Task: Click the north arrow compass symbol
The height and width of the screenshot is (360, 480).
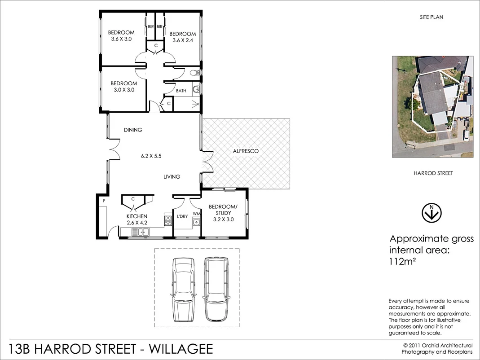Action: (432, 213)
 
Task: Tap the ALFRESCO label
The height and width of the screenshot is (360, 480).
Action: (245, 151)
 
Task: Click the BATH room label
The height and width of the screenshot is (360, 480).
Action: (181, 91)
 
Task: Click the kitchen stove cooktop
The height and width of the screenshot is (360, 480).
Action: (168, 220)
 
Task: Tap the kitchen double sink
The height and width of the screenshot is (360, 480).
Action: (142, 232)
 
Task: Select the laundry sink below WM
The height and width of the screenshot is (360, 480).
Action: (196, 222)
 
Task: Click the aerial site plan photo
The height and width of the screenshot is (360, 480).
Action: (432, 106)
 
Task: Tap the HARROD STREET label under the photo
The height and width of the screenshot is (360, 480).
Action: (433, 173)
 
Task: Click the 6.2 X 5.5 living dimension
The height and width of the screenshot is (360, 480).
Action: (151, 156)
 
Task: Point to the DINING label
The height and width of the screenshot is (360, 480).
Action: (133, 130)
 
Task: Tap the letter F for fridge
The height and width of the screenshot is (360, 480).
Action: (104, 201)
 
